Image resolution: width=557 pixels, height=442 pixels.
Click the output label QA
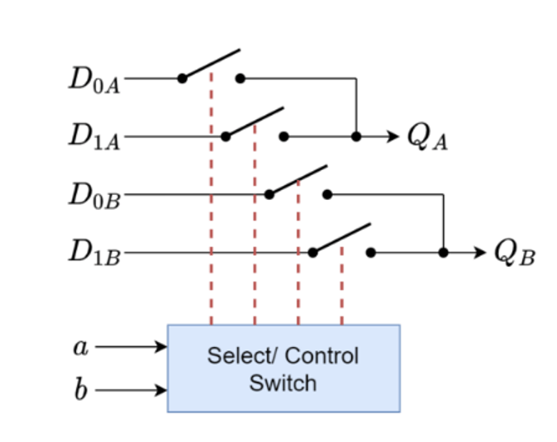[x=428, y=138]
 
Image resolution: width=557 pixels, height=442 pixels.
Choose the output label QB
[x=515, y=254]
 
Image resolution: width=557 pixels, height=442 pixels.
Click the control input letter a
[x=80, y=348]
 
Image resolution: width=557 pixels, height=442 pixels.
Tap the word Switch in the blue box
[x=283, y=383]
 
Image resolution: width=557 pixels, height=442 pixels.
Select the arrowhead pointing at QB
[x=481, y=252]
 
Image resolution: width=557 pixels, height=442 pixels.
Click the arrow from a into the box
[x=132, y=348]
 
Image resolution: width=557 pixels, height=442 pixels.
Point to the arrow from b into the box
[x=132, y=390]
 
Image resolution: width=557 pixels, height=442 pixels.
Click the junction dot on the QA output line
[x=356, y=136]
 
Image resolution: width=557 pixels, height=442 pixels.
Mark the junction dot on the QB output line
[x=444, y=252]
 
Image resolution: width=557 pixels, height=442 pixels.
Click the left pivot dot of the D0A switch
[x=183, y=78]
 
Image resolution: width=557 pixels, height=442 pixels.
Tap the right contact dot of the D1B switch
[x=371, y=252]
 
